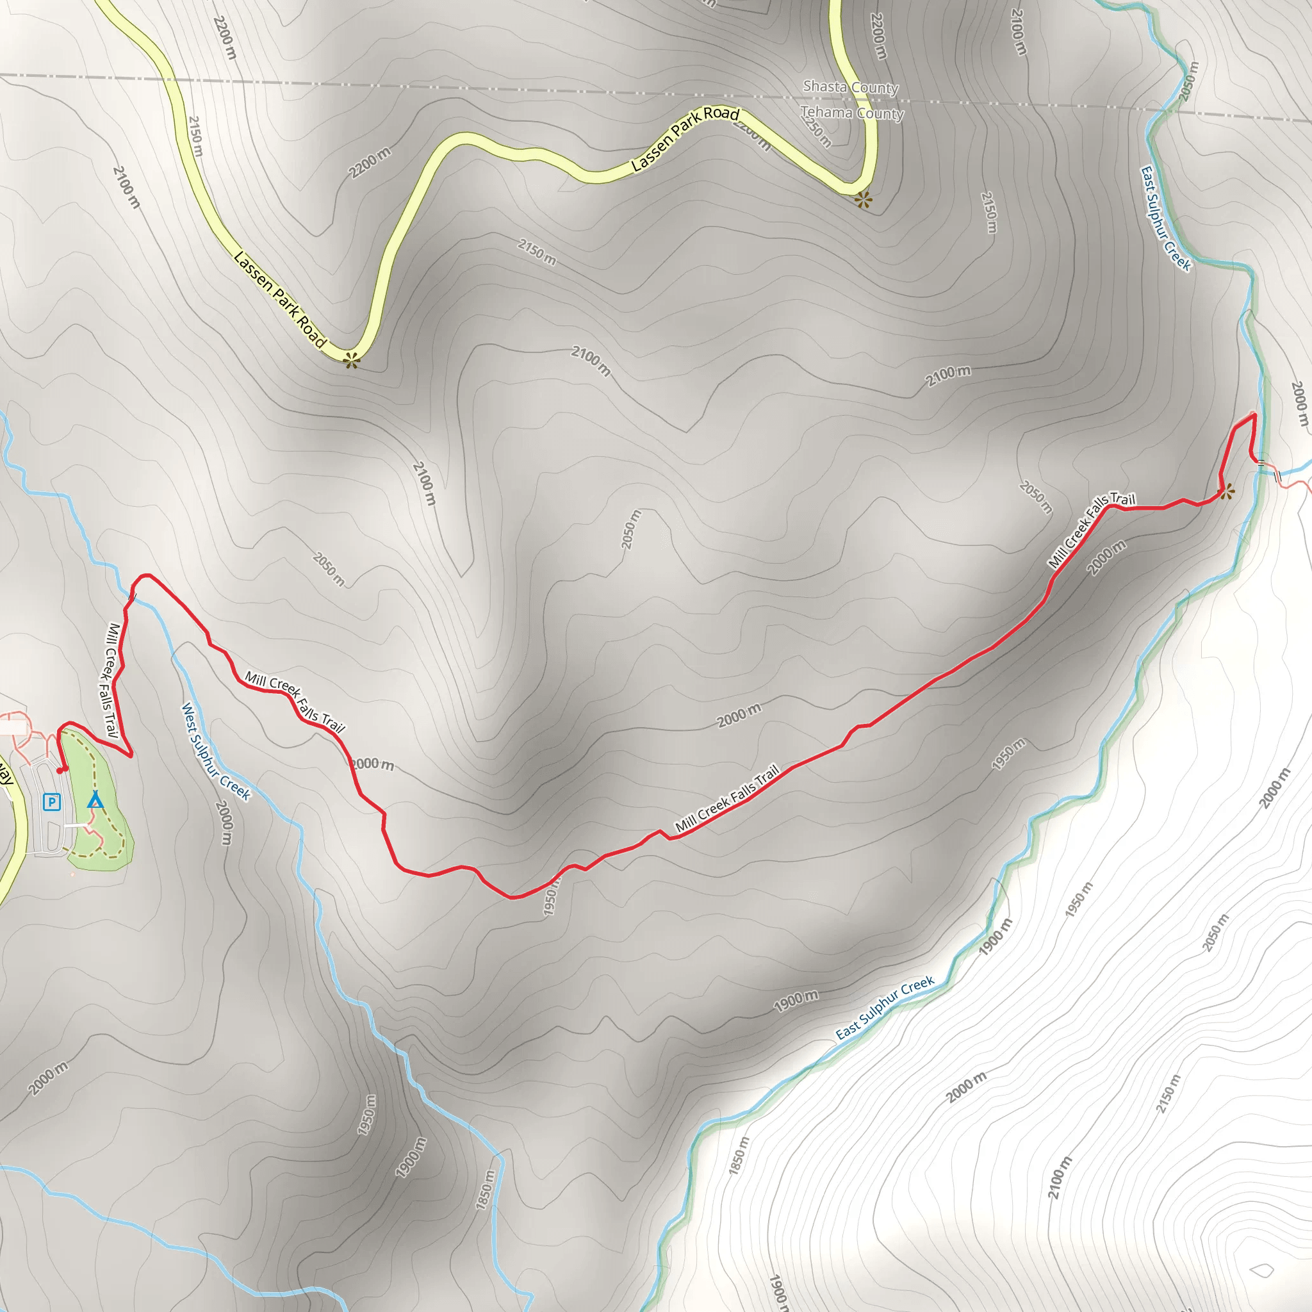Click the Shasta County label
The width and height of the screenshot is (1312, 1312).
[x=850, y=88]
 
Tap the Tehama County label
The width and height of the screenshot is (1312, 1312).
[x=851, y=113]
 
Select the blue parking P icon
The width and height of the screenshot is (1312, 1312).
[x=52, y=802]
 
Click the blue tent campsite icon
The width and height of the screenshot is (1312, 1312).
[x=95, y=800]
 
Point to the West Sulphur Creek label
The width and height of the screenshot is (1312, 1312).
[x=216, y=751]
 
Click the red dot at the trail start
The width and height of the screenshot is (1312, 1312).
[x=60, y=770]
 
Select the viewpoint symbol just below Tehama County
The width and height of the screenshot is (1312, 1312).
[x=862, y=200]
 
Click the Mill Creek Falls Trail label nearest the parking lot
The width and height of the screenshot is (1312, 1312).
[x=111, y=680]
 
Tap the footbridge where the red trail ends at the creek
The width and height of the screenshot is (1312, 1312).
[x=1261, y=464]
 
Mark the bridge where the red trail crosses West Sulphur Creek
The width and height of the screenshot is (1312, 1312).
[x=133, y=597]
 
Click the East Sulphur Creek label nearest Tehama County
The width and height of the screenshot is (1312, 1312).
[x=1165, y=218]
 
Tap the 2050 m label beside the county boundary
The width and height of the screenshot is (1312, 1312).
[x=1188, y=81]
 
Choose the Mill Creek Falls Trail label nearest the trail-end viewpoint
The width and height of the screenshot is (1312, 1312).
[x=1090, y=530]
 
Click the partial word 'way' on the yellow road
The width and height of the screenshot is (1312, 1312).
[x=5, y=774]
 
